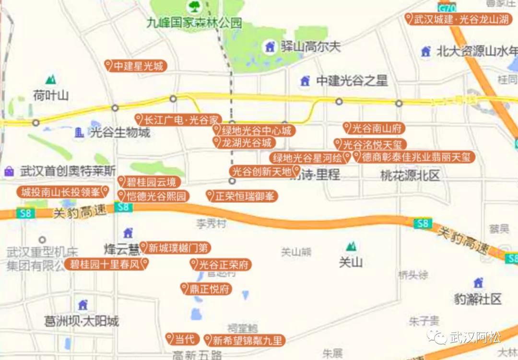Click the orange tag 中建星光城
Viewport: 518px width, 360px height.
(x=136, y=66)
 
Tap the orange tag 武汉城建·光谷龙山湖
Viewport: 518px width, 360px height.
(x=458, y=19)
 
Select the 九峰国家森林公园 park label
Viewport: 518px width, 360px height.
(x=194, y=23)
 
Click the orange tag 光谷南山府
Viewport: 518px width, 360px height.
(x=374, y=128)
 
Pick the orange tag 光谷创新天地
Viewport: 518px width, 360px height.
(x=265, y=171)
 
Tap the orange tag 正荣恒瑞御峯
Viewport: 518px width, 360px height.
(x=242, y=196)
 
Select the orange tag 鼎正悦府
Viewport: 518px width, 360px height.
(x=206, y=289)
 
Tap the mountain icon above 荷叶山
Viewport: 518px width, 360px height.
(x=50, y=80)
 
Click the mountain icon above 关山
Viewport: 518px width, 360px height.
(x=352, y=246)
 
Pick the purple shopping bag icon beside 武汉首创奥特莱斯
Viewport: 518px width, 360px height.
(x=9, y=171)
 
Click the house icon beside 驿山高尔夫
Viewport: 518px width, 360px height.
(x=270, y=47)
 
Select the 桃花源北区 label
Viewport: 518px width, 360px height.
(x=410, y=175)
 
